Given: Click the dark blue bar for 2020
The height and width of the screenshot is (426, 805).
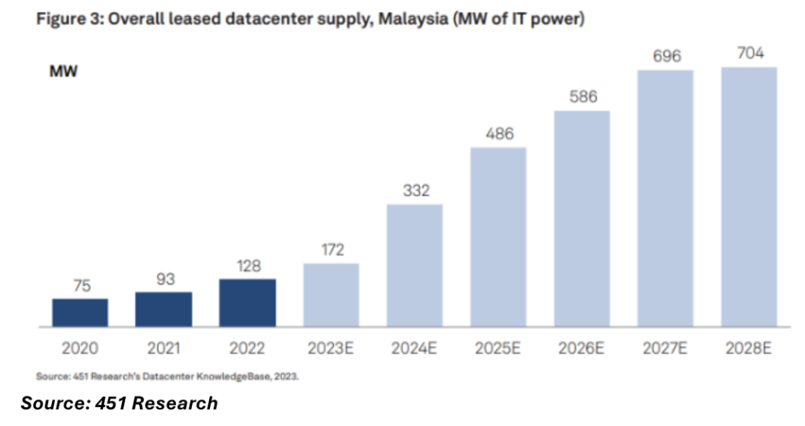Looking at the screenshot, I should [x=80, y=312].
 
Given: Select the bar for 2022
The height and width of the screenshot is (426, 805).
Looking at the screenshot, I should [x=248, y=303].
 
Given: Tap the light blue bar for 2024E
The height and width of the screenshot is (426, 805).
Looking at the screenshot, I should [x=414, y=266].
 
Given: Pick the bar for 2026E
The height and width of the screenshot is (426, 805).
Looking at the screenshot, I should [x=582, y=219].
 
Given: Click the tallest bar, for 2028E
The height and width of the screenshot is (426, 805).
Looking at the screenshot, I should [x=749, y=196].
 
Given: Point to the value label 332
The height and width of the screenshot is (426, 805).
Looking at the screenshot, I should [x=414, y=191].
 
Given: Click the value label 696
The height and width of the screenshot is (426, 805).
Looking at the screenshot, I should [x=665, y=57].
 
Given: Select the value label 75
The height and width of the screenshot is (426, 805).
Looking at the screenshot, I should [x=80, y=285].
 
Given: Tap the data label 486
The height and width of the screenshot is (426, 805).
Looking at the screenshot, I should [x=498, y=134].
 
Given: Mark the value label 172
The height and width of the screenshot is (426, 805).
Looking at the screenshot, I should [x=331, y=250].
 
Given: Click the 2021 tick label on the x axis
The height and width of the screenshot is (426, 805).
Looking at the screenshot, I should [x=164, y=347].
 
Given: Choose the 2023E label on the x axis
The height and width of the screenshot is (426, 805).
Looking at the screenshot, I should [x=331, y=347].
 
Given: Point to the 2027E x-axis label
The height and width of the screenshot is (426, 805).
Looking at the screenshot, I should [x=665, y=347].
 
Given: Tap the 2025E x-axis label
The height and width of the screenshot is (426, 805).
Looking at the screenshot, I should [x=498, y=347].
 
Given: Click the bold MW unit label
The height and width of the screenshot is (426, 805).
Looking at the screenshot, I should [x=64, y=72].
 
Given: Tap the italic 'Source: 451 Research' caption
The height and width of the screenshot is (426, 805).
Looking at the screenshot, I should [x=119, y=403].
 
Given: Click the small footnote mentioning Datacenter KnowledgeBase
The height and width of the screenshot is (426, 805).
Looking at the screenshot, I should [x=167, y=376].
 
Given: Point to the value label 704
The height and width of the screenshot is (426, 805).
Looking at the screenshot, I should [x=749, y=53].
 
